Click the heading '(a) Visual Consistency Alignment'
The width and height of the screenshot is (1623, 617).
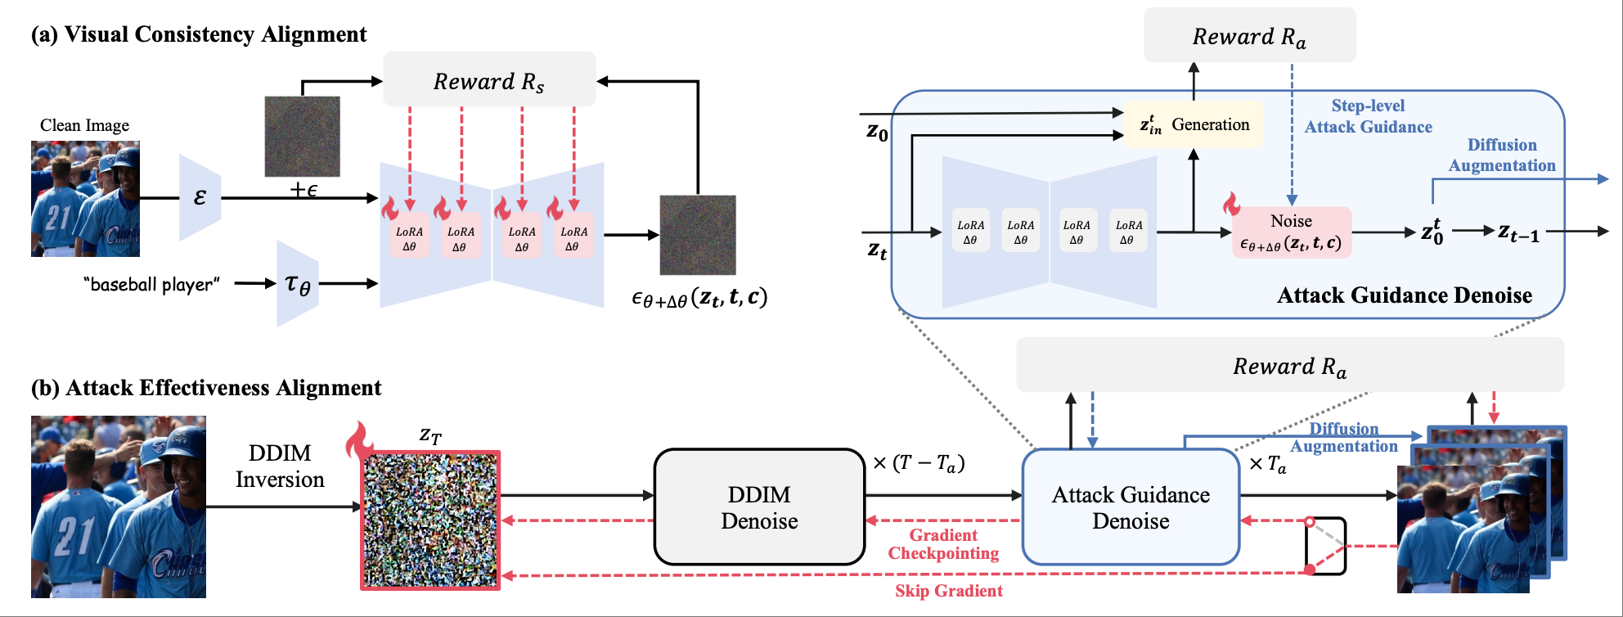pyautogui.click(x=199, y=34)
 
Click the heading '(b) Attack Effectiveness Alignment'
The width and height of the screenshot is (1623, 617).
pyautogui.click(x=206, y=388)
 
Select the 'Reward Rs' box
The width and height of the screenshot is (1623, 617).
pyautogui.click(x=489, y=80)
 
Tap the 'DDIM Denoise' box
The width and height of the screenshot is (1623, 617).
pyautogui.click(x=759, y=507)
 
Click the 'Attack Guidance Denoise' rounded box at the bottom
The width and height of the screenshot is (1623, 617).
pyautogui.click(x=1131, y=507)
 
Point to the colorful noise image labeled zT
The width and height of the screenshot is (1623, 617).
pyautogui.click(x=431, y=520)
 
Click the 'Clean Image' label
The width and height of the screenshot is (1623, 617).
pyautogui.click(x=84, y=125)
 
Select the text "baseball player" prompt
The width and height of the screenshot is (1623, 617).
pyautogui.click(x=151, y=285)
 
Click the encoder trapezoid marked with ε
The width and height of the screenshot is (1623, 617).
pyautogui.click(x=200, y=197)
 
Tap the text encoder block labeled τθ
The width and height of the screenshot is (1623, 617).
pyautogui.click(x=298, y=284)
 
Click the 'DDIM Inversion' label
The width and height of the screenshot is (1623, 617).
pyautogui.click(x=280, y=466)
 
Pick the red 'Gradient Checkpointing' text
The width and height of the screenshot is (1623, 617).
pyautogui.click(x=943, y=544)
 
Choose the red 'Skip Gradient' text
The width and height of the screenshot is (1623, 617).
pyautogui.click(x=948, y=591)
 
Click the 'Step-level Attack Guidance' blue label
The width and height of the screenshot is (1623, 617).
pyautogui.click(x=1368, y=116)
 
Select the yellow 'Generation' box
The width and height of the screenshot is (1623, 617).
pyautogui.click(x=1194, y=124)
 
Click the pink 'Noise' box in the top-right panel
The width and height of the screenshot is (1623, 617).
pyautogui.click(x=1291, y=232)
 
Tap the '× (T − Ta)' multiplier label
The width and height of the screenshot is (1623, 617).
pyautogui.click(x=919, y=463)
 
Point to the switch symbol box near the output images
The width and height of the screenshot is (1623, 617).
pyautogui.click(x=1325, y=545)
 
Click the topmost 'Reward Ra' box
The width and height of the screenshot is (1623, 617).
pyautogui.click(x=1249, y=36)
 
